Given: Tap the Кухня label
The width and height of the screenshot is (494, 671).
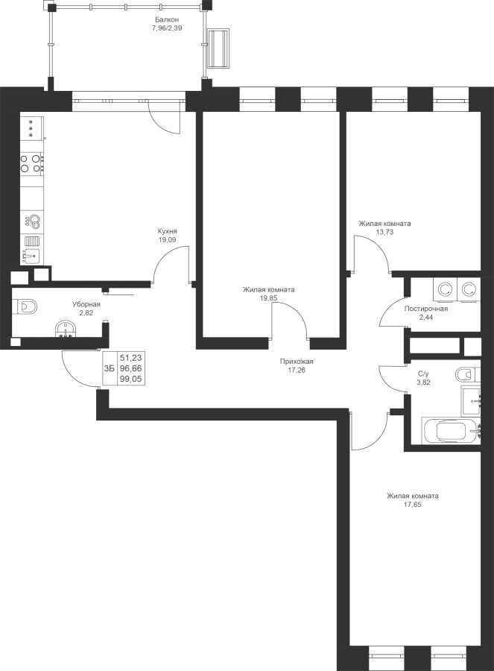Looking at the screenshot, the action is point(167,231).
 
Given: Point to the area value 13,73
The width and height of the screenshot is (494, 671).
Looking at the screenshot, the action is point(384,232).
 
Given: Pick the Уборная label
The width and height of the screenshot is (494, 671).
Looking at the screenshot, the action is point(86,304).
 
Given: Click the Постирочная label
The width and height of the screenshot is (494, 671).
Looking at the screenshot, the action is point(426,309).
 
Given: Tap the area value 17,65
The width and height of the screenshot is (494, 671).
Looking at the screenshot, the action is point(412,505).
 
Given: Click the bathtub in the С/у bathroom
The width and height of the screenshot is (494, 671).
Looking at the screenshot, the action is point(451,430).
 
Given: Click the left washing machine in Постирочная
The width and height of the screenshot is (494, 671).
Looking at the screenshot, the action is point(445,289).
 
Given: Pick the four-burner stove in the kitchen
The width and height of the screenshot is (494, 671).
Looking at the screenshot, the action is point(32,163).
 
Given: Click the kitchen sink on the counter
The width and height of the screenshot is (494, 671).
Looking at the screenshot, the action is point(31,256).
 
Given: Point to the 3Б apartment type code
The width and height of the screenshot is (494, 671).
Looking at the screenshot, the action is point(110,368).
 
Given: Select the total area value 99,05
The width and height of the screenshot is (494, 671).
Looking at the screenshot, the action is point(131,379).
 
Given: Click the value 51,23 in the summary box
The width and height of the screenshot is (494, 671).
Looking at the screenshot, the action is point(131,358).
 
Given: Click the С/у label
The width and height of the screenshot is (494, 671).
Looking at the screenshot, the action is point(423,374).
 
